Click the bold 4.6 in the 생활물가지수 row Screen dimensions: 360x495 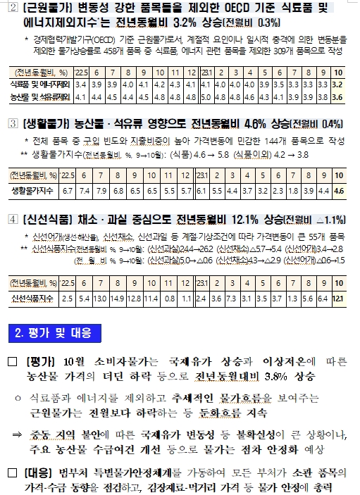click(x=338, y=190)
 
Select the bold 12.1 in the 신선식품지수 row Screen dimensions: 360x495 click(x=337, y=299)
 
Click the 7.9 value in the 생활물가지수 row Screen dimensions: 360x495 click(x=100, y=190)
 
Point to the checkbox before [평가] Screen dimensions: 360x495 click(x=12, y=362)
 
